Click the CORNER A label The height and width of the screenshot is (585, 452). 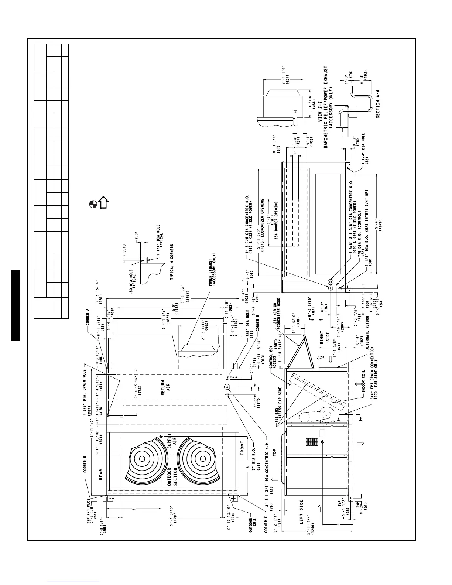87,319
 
